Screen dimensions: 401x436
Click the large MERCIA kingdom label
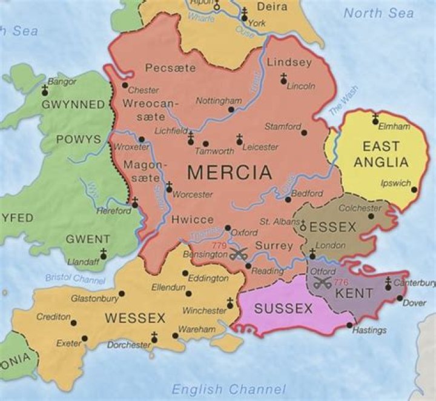230,173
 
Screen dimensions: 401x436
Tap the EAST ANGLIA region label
381,154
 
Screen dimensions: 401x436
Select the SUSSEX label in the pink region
283,308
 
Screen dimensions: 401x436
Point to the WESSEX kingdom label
135,317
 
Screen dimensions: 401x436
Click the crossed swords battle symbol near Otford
323,282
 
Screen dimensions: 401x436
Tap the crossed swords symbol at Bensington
238,254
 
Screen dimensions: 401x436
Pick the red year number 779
220,245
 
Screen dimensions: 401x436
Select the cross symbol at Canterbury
388,282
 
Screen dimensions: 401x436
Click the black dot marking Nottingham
231,110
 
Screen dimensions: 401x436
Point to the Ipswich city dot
414,190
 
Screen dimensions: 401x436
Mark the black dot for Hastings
349,325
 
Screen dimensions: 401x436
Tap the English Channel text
228,389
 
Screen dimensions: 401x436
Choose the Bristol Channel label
75,279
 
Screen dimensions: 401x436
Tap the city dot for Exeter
85,338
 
